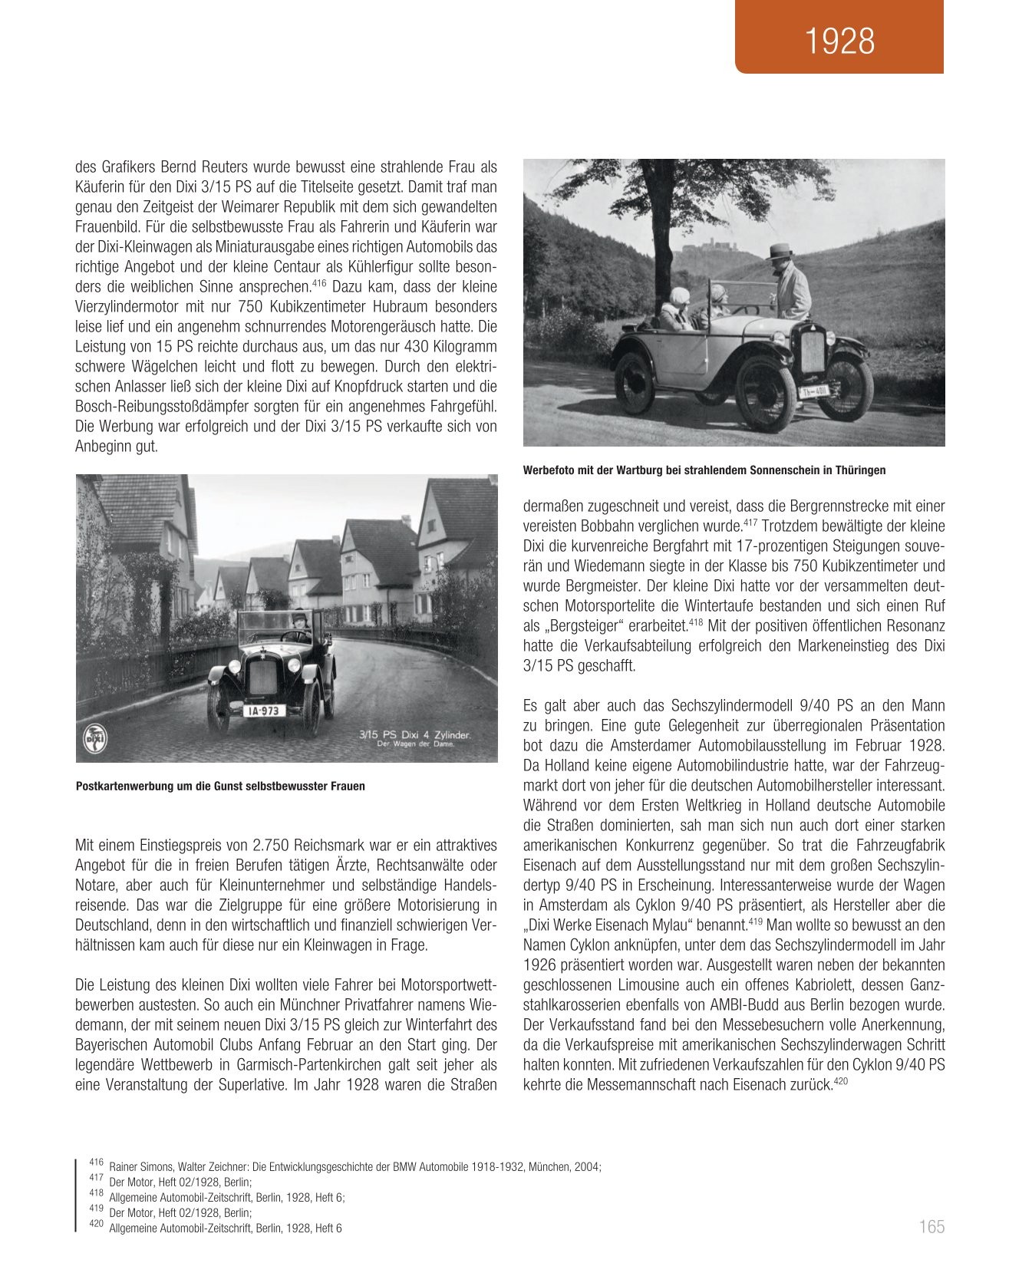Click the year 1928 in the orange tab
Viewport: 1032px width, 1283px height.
(840, 41)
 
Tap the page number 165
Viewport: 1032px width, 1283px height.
(931, 1227)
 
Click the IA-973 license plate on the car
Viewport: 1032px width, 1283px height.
(264, 711)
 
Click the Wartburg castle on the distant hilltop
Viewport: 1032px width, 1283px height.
(704, 249)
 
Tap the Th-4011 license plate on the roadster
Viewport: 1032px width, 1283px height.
(813, 392)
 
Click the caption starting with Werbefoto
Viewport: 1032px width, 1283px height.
(704, 470)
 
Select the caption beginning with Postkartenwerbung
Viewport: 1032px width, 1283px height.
(220, 787)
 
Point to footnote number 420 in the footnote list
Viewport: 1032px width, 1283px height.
(96, 1226)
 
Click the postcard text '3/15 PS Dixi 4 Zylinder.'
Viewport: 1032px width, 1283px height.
(414, 734)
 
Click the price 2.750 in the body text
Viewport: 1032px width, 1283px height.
(272, 845)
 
